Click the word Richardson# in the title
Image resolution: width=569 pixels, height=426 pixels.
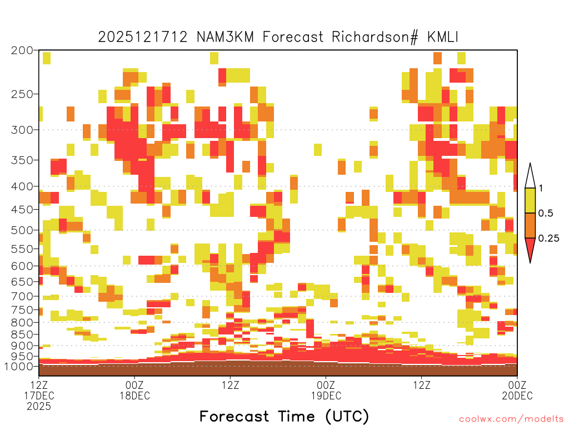[375, 37]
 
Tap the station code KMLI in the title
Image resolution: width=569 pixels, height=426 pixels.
[443, 37]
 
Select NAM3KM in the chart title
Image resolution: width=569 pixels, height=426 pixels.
[225, 37]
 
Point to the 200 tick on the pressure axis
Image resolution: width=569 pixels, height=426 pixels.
[22, 50]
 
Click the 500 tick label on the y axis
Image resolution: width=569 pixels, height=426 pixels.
[22, 230]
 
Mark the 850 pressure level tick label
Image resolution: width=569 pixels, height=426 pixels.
[22, 334]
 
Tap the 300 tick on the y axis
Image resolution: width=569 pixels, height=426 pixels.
[22, 130]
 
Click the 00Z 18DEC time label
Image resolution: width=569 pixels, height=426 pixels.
[134, 390]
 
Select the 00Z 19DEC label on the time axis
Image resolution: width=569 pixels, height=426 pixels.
[326, 390]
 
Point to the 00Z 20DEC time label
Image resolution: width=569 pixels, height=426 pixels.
[517, 390]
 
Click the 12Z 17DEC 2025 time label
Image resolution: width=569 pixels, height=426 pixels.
[39, 395]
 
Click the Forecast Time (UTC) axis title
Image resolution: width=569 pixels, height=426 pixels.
[284, 416]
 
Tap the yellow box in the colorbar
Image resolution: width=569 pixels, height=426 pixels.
[530, 200]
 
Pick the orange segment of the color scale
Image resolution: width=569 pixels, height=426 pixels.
[530, 225]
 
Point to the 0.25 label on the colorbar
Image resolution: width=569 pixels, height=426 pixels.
[548, 238]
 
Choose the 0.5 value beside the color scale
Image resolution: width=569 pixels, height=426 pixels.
[546, 213]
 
